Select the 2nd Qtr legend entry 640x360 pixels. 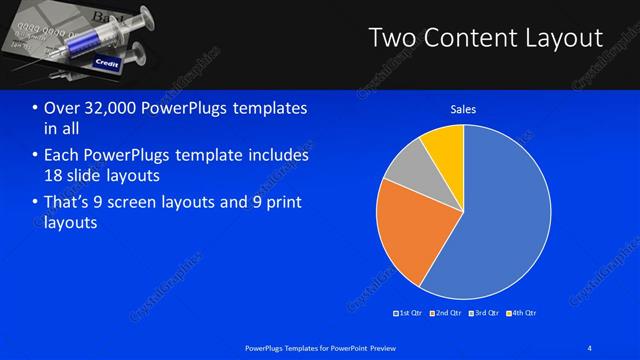[x=444, y=313]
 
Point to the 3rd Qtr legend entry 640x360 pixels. [x=483, y=313]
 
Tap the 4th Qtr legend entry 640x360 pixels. [x=521, y=313]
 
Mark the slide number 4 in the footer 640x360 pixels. [x=590, y=347]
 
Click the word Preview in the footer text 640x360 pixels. [x=378, y=347]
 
